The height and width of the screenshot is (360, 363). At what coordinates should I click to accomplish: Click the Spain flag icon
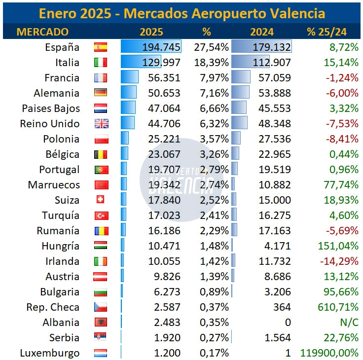(x=101, y=47)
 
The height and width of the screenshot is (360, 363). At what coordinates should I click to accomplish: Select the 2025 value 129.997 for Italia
(x=161, y=63)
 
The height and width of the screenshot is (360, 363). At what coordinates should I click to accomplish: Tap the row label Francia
(x=62, y=78)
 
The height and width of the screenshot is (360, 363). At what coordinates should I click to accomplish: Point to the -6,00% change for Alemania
(x=342, y=93)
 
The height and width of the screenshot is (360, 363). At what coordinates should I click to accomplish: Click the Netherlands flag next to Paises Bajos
(x=101, y=108)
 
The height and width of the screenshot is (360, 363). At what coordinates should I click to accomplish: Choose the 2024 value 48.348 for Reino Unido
(x=275, y=124)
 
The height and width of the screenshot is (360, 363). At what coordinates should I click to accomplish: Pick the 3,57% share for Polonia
(x=214, y=139)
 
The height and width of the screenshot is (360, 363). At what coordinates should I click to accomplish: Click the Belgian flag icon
(x=101, y=154)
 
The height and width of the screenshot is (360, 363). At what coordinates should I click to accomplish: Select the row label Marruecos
(x=54, y=185)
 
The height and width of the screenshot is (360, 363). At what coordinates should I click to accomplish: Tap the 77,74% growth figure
(x=341, y=185)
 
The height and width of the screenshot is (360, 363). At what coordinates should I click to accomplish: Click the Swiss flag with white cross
(x=100, y=199)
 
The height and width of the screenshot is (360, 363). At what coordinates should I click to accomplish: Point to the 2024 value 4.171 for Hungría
(x=277, y=246)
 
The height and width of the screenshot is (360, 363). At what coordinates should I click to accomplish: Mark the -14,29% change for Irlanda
(x=339, y=261)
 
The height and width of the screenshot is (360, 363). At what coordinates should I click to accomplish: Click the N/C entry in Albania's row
(x=349, y=322)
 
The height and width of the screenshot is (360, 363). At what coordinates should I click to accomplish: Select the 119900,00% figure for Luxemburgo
(x=329, y=353)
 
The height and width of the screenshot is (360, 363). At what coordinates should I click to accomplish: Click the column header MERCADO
(x=42, y=32)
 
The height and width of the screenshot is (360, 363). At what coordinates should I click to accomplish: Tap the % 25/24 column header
(x=327, y=32)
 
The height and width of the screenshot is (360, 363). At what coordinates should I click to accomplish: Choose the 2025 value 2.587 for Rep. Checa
(x=167, y=307)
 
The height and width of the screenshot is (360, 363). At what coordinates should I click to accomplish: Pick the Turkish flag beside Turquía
(x=102, y=216)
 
